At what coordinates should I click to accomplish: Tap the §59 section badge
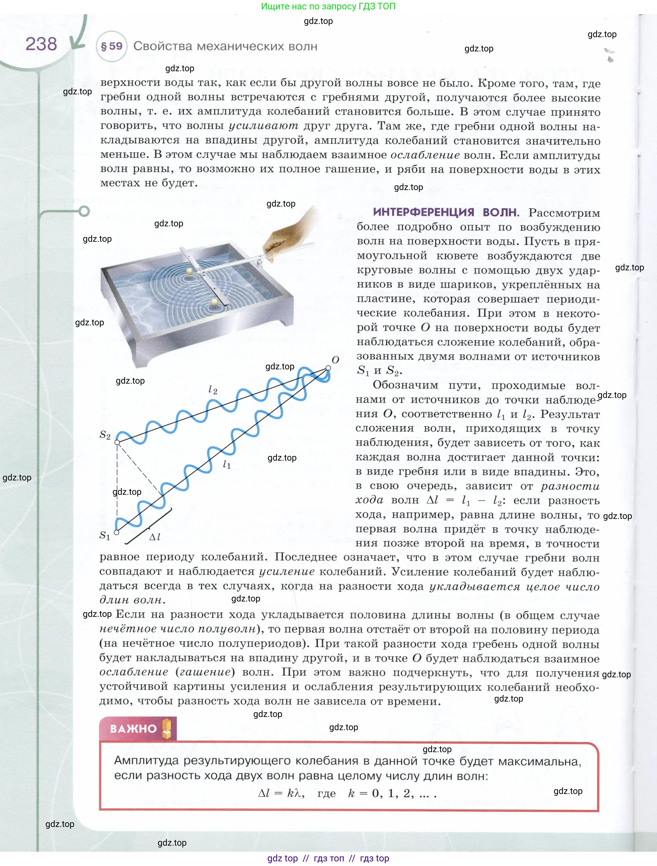[x=112, y=46]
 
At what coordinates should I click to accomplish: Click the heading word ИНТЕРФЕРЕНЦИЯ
[x=424, y=212]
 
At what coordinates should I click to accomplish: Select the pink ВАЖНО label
[x=133, y=728]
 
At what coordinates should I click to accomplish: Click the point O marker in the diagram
[x=328, y=368]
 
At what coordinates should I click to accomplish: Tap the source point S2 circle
[x=117, y=442]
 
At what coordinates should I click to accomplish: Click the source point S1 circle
[x=116, y=532]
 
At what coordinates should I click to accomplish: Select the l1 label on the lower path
[x=227, y=465]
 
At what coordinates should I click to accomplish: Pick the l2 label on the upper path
[x=213, y=389]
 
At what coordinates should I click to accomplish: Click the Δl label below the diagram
[x=155, y=537]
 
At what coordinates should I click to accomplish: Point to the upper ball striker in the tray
[x=189, y=270]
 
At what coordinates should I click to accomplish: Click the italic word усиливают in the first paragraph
[x=263, y=126]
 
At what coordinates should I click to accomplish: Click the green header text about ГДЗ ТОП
[x=328, y=6]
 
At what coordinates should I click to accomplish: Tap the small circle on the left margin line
[x=84, y=211]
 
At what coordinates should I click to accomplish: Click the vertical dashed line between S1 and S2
[x=117, y=487]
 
